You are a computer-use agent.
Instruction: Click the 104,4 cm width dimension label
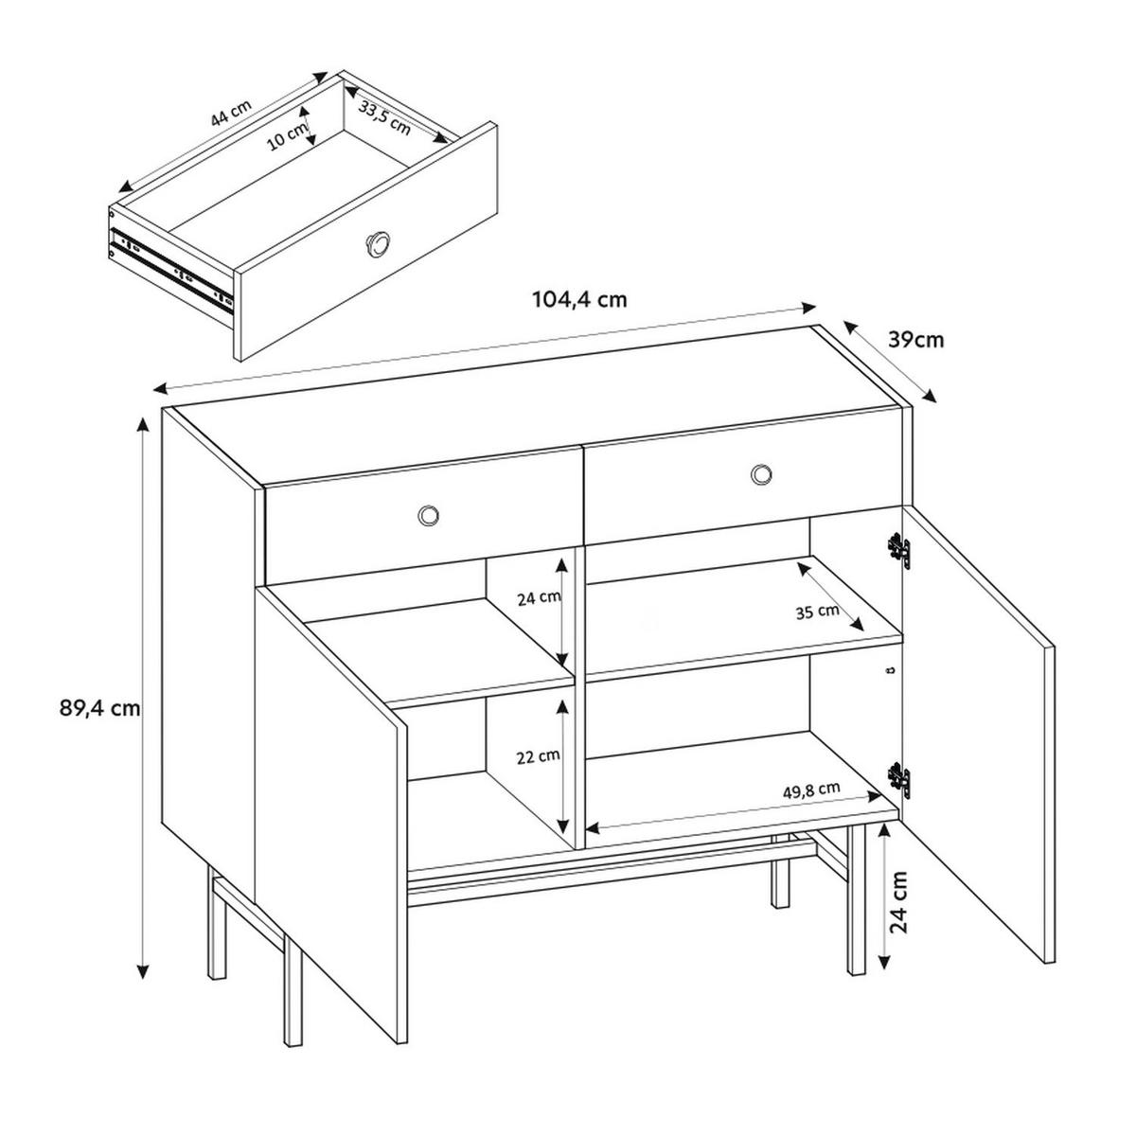coord(579,300)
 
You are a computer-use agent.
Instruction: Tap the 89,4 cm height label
coord(99,708)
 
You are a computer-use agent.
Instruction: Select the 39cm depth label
coord(915,340)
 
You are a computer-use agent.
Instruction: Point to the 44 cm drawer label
coord(231,113)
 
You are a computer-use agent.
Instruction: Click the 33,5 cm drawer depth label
coord(384,117)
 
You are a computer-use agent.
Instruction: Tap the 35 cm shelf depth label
coord(817,612)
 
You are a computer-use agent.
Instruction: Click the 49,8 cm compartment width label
coord(811,790)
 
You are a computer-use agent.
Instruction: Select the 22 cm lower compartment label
coord(538,757)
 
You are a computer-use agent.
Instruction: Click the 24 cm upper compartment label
coord(539,599)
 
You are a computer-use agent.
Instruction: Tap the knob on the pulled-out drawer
coord(376,242)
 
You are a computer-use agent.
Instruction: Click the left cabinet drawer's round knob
coord(428,515)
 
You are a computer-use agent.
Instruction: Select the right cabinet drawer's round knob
coord(761,473)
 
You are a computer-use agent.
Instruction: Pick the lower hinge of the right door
coord(899,781)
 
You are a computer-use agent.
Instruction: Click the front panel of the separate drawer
coord(365,241)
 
